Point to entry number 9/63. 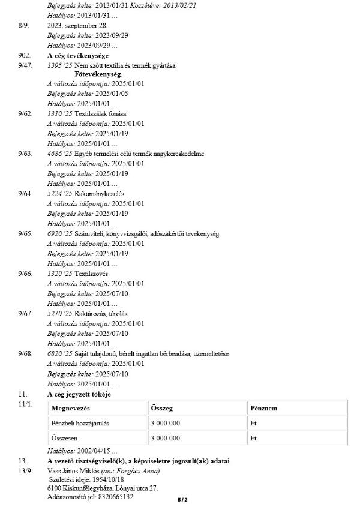click(x=25, y=154)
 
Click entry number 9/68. click(x=25, y=354)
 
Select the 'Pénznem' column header click(x=263, y=408)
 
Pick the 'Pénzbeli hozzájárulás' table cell click(x=81, y=424)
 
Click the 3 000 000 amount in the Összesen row click(x=166, y=439)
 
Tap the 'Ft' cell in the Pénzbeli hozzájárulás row click(x=253, y=424)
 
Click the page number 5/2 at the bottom click(x=182, y=499)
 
